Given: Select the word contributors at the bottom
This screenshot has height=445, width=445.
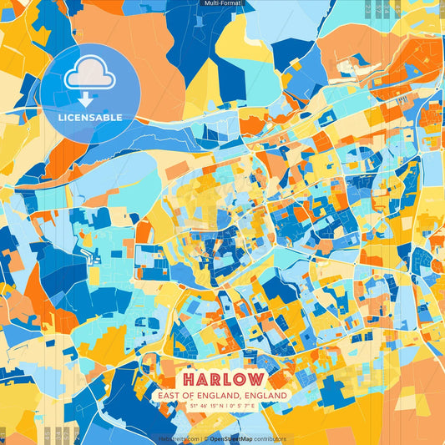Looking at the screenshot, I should tap(271, 438).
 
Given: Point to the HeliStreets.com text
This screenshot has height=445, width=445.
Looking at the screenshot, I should tap(179, 438).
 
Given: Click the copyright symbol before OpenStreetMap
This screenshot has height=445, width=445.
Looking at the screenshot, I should tap(205, 438).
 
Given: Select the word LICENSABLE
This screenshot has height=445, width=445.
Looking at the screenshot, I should tap(89, 118).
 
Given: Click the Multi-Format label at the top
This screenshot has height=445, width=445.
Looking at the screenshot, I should tap(222, 3).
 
